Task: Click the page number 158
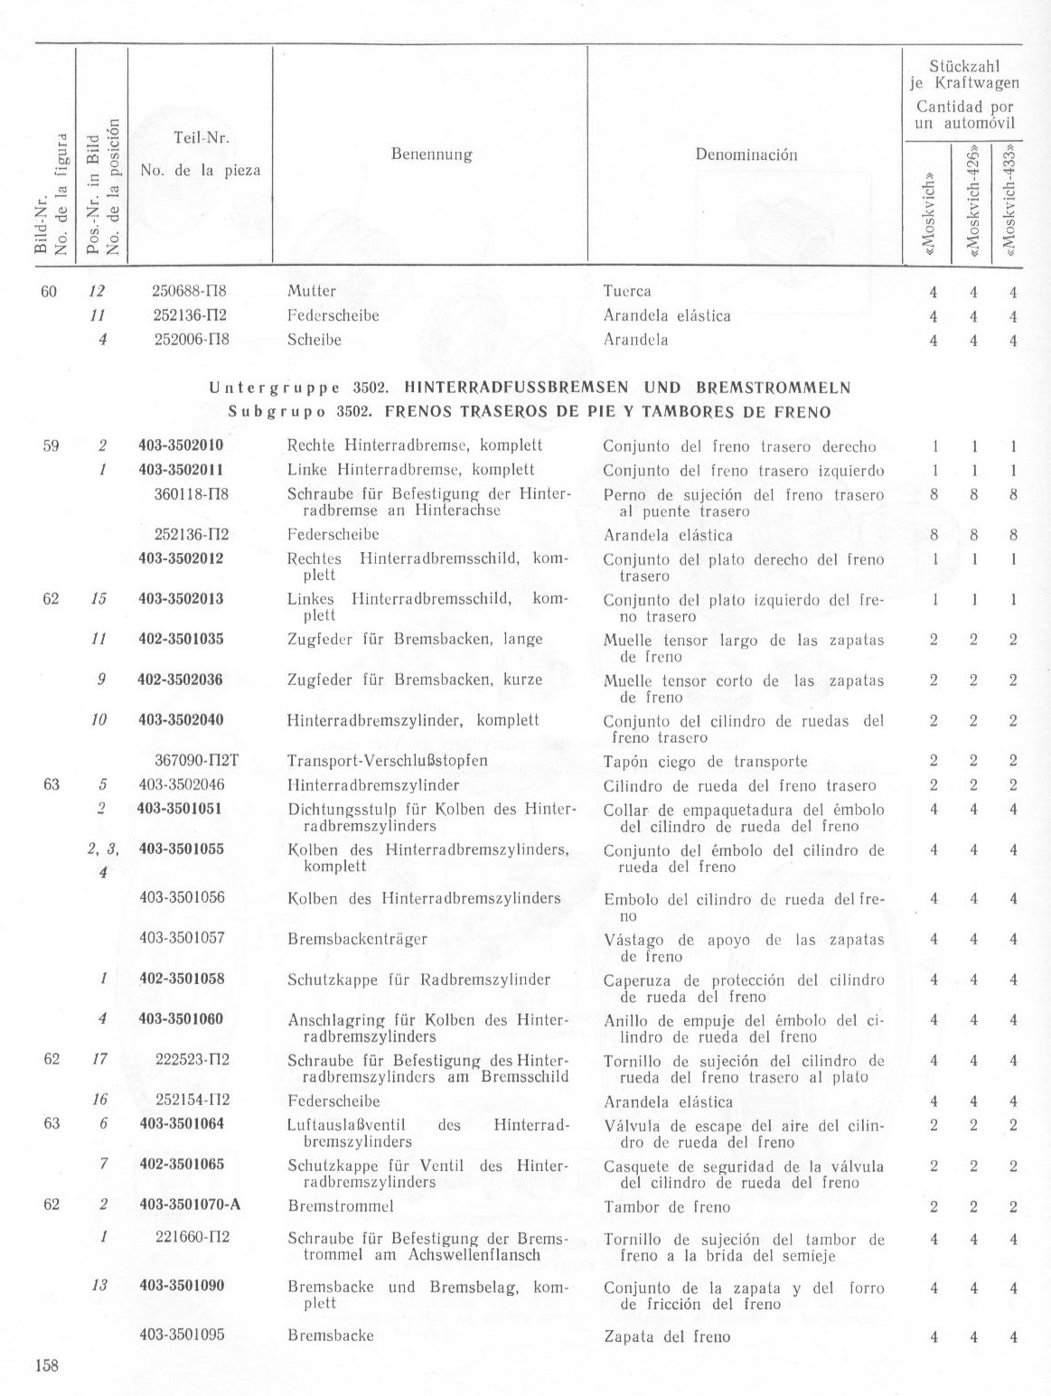[x=46, y=1365]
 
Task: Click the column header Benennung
[x=431, y=154]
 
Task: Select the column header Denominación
[x=746, y=155]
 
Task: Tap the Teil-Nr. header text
[x=201, y=138]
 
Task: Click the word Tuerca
[x=626, y=291]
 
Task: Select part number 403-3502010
[x=181, y=445]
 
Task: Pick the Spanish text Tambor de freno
[x=666, y=1206]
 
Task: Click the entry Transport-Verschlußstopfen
[x=388, y=761]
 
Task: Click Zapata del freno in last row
[x=666, y=1336]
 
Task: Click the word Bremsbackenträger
[x=357, y=939]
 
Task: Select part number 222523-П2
[x=192, y=1060]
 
